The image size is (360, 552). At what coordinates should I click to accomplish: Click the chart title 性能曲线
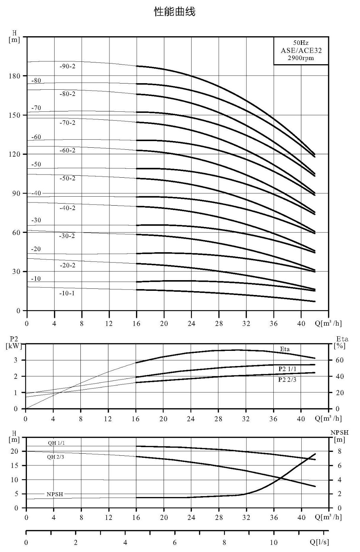[175, 12]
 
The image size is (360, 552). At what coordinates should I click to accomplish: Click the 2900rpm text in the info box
[301, 58]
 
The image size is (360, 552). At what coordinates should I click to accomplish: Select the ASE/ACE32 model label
[301, 50]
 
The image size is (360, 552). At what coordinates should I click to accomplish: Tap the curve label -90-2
[67, 66]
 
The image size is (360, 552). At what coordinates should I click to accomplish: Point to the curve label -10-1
[67, 293]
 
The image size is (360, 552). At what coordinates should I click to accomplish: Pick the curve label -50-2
[67, 178]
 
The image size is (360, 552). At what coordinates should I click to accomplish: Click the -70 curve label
[36, 108]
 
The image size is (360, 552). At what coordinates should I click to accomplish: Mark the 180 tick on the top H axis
[14, 76]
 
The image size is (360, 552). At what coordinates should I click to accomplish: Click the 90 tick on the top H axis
[16, 193]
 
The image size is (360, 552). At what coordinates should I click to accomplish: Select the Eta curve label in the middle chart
[284, 349]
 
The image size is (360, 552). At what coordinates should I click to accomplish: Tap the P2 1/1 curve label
[287, 369]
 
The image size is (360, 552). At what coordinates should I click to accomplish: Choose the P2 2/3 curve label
[287, 379]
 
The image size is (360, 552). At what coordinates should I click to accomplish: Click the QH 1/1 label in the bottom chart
[56, 443]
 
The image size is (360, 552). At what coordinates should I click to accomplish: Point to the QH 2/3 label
[56, 457]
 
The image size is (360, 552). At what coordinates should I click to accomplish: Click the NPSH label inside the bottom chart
[55, 494]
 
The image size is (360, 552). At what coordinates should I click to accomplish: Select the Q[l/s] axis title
[319, 542]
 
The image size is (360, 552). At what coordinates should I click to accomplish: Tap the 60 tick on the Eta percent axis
[340, 360]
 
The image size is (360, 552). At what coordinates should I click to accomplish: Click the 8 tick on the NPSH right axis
[340, 451]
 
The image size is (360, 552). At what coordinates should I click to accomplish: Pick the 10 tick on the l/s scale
[274, 542]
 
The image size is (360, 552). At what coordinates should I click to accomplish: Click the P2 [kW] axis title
[14, 343]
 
